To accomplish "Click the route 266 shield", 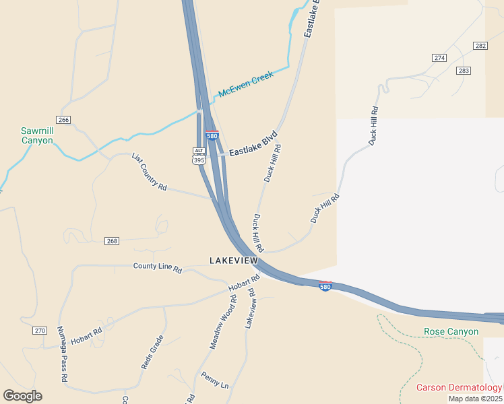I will point(64,120).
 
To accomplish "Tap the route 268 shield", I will point(112,241).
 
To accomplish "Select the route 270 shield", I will point(40,331).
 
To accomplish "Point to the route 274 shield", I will point(439,58).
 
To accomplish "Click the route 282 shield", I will point(480,46).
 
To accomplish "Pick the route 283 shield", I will point(463,71).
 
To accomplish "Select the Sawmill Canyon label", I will point(36,135).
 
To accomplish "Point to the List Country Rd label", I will point(149,171).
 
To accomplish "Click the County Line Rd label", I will point(158,268).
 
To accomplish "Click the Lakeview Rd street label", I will point(250,308).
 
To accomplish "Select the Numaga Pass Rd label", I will point(62,354).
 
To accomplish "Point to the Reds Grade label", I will point(152,351).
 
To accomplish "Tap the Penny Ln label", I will point(215,380).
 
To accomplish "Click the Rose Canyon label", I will point(451,331).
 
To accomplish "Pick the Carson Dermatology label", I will point(459,387).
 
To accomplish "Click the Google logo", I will point(22,396).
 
